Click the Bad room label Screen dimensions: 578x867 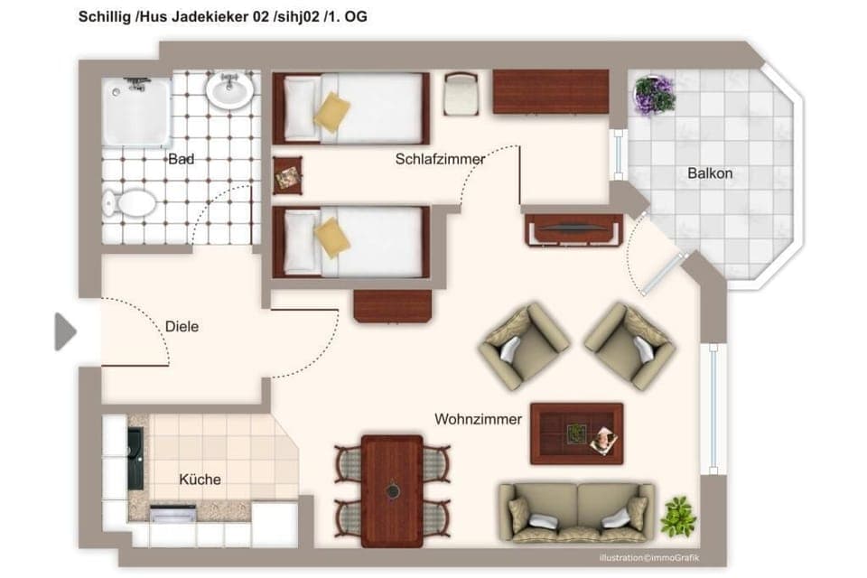tap(181, 159)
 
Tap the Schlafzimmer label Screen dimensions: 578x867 tap(440, 159)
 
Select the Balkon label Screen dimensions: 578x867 tap(710, 172)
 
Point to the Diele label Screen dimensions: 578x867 tap(182, 327)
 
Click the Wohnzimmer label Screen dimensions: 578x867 tap(479, 419)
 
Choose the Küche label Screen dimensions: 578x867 tap(200, 480)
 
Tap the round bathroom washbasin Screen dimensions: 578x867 tap(229, 89)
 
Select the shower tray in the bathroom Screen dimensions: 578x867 tap(135, 111)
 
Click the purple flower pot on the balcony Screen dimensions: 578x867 tap(655, 95)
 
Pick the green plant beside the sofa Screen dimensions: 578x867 tap(678, 516)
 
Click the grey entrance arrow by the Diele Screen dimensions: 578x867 tap(65, 331)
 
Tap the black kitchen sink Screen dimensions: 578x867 tap(135, 457)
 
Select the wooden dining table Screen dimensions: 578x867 tap(392, 489)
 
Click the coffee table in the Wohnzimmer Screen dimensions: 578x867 tap(576, 433)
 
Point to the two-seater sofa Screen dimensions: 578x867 tap(576, 512)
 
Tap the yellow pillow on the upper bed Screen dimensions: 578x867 tap(331, 112)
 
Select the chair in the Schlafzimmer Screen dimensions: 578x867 tap(461, 94)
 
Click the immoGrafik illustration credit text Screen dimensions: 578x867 tap(649, 557)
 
